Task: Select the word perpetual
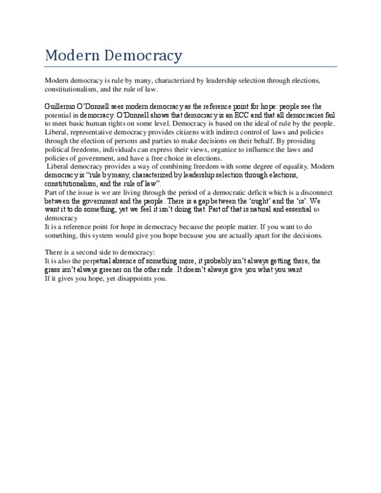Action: pyautogui.click(x=106, y=261)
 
